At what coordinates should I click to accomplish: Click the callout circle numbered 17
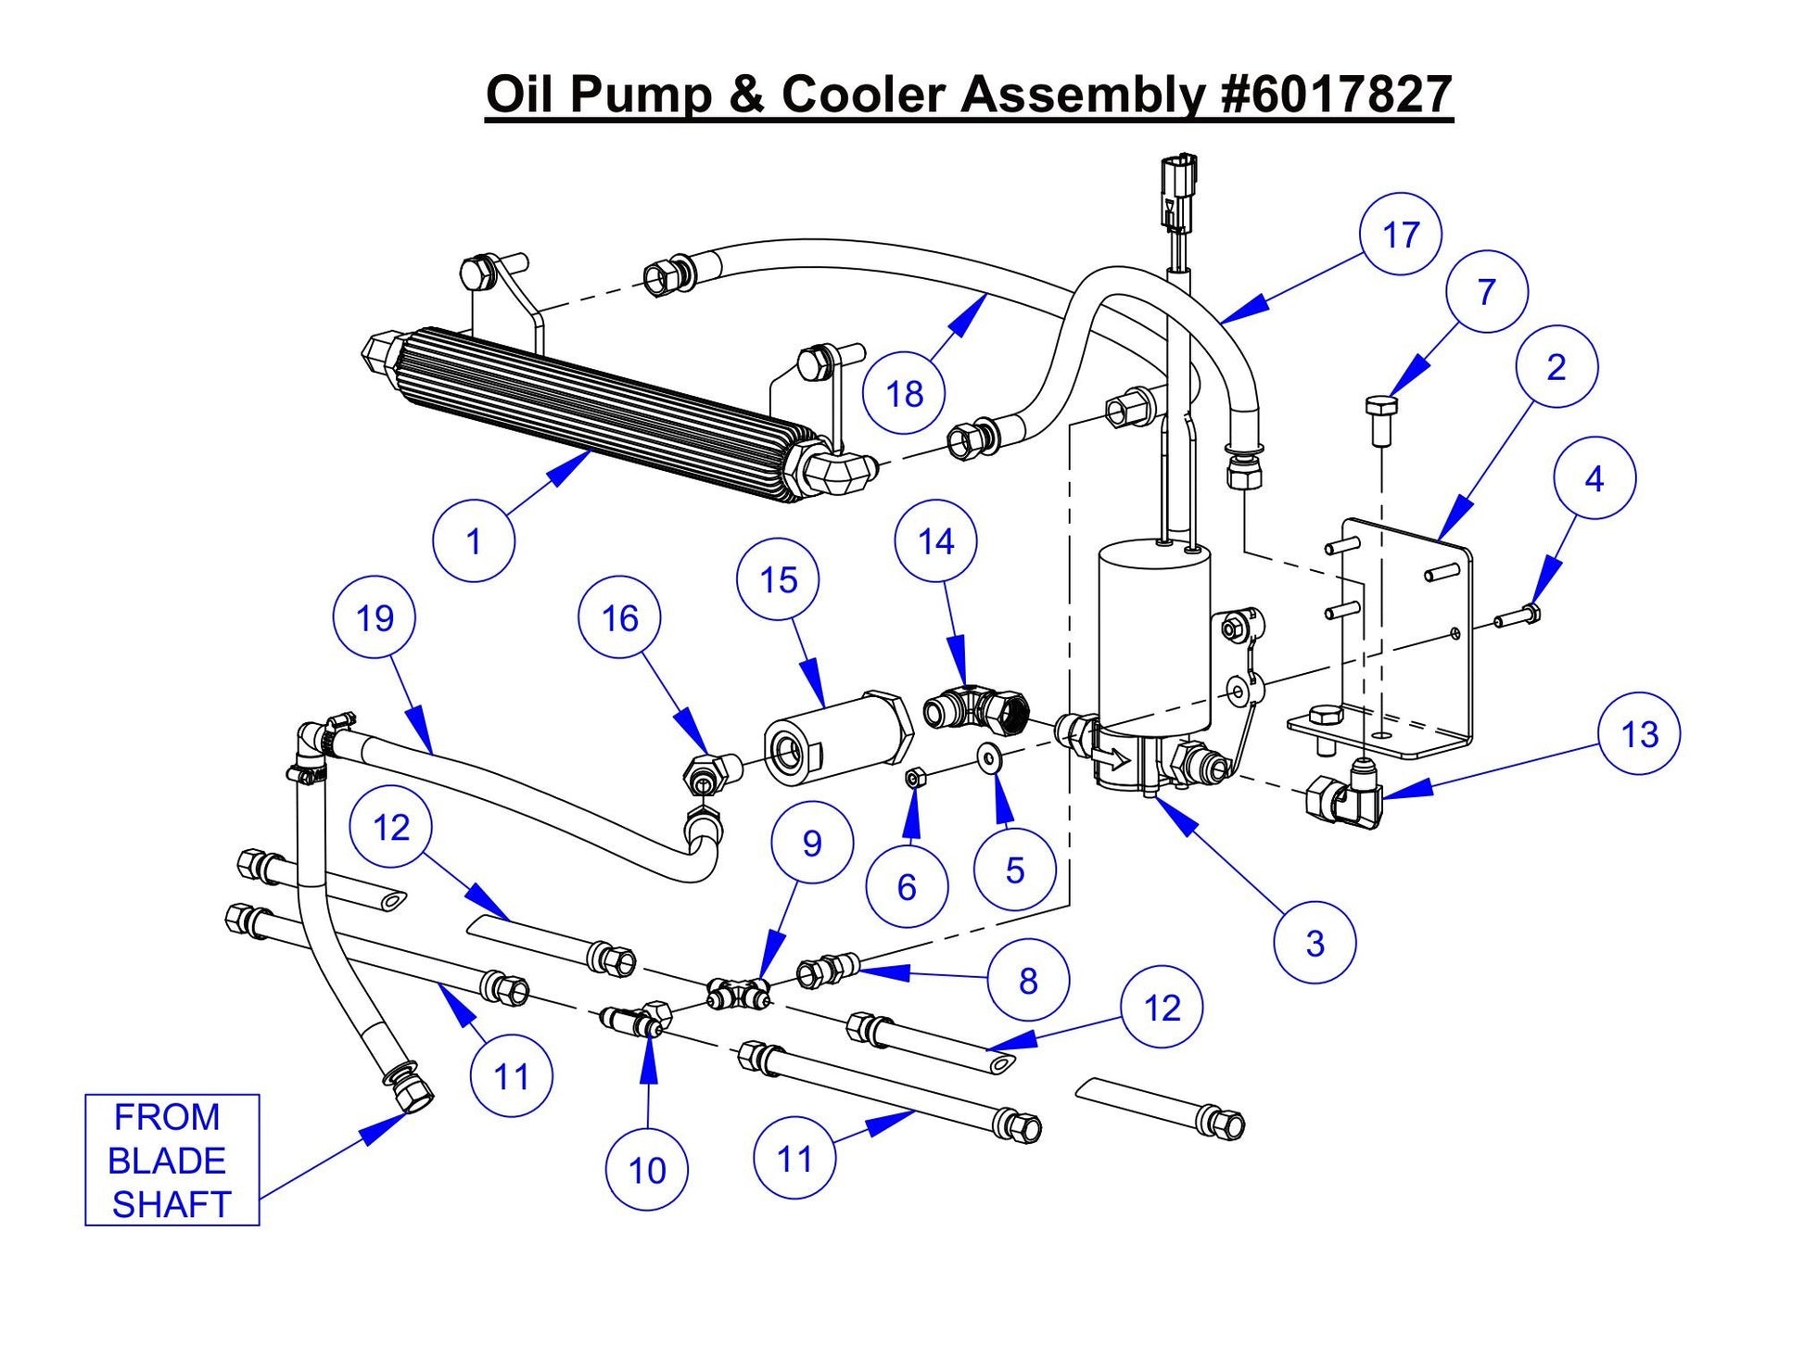pyautogui.click(x=1401, y=235)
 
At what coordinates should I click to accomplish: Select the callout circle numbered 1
pyautogui.click(x=474, y=540)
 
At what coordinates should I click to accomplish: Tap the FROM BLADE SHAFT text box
pyautogui.click(x=172, y=1160)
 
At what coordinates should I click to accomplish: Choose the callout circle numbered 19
pyautogui.click(x=375, y=617)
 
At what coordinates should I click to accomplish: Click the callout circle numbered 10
pyautogui.click(x=647, y=1170)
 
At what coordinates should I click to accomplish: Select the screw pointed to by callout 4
pyautogui.click(x=1517, y=615)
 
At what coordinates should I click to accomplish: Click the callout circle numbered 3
pyautogui.click(x=1315, y=943)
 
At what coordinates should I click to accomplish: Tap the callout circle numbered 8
pyautogui.click(x=1028, y=980)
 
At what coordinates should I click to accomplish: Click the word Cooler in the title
pyautogui.click(x=863, y=95)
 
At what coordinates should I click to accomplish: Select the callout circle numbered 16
pyautogui.click(x=619, y=617)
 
